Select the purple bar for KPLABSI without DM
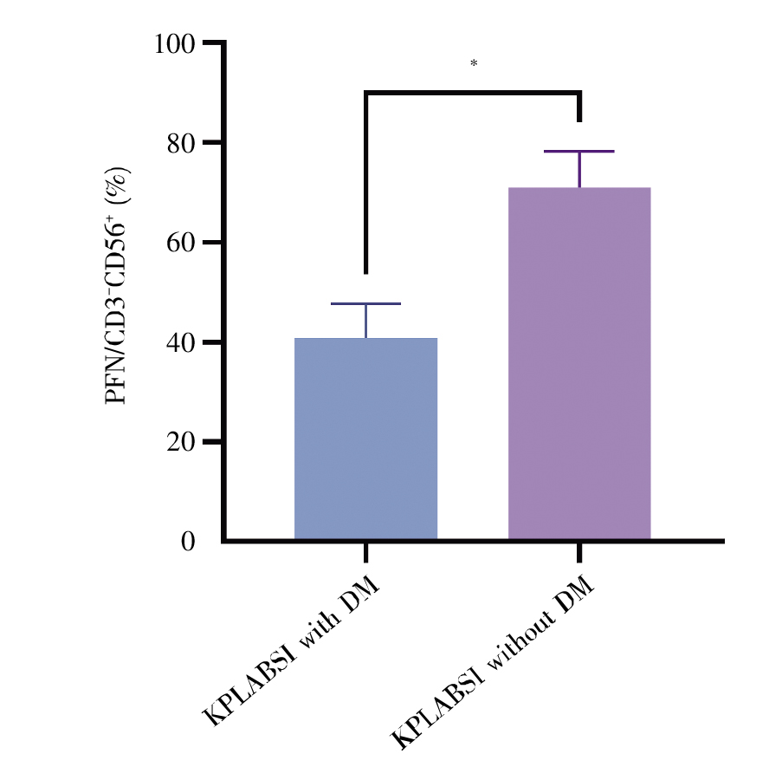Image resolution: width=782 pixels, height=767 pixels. point(578,364)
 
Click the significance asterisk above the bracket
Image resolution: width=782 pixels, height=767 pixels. point(474,64)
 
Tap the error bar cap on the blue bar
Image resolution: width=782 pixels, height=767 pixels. point(365,304)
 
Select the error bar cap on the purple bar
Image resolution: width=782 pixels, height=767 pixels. point(578,152)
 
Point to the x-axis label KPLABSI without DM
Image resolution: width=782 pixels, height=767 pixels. point(494,663)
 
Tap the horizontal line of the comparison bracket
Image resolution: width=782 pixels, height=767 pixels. point(473,92)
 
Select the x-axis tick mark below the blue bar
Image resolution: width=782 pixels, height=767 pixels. point(365,553)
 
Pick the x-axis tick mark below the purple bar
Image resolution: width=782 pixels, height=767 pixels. point(578,553)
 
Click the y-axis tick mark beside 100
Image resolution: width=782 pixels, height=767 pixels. point(212,42)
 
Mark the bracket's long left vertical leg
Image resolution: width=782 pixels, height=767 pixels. point(366,182)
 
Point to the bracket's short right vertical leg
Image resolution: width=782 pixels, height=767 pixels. point(579,107)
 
